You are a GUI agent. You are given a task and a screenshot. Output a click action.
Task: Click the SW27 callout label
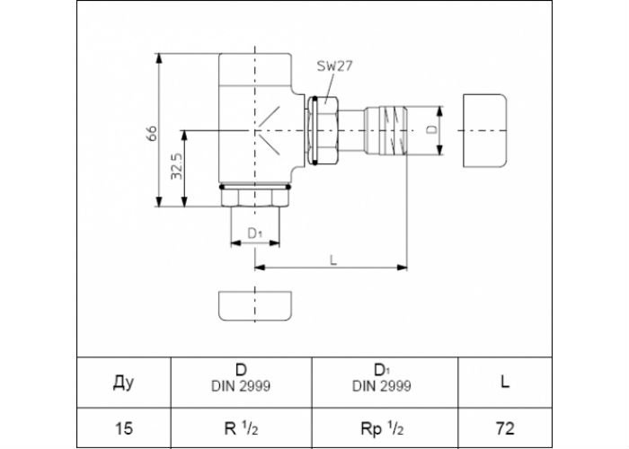click(334, 66)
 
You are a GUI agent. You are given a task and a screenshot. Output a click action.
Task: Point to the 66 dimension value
click(152, 133)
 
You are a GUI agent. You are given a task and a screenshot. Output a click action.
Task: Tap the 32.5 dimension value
click(176, 166)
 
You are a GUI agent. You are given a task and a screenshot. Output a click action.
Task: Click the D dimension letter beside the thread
click(431, 129)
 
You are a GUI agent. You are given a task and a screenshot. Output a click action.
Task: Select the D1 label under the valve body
click(254, 233)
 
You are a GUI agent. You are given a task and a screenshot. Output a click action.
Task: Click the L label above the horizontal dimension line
click(333, 260)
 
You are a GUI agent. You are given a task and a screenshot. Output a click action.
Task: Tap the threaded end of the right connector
click(394, 131)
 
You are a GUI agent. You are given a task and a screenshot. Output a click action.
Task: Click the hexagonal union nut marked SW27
click(324, 130)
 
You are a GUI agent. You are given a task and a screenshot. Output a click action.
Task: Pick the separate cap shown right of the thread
click(484, 131)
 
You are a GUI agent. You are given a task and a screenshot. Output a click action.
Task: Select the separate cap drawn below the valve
click(255, 306)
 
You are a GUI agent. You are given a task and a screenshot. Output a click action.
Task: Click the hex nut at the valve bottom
click(255, 198)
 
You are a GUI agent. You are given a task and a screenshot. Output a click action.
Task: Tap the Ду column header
click(123, 383)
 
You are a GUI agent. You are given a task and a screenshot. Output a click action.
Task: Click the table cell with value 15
click(124, 428)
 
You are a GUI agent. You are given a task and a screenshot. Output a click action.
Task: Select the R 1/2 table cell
click(241, 428)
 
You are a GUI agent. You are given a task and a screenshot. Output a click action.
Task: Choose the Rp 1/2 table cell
click(382, 428)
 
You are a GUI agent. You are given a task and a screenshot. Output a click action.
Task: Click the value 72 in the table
click(505, 428)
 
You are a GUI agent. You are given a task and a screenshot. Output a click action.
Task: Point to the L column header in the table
click(505, 382)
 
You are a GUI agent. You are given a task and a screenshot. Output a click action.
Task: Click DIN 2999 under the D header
click(241, 386)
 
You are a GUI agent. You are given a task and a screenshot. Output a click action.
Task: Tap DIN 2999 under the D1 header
click(382, 386)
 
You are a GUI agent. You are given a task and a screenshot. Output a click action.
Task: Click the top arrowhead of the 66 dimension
click(159, 58)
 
